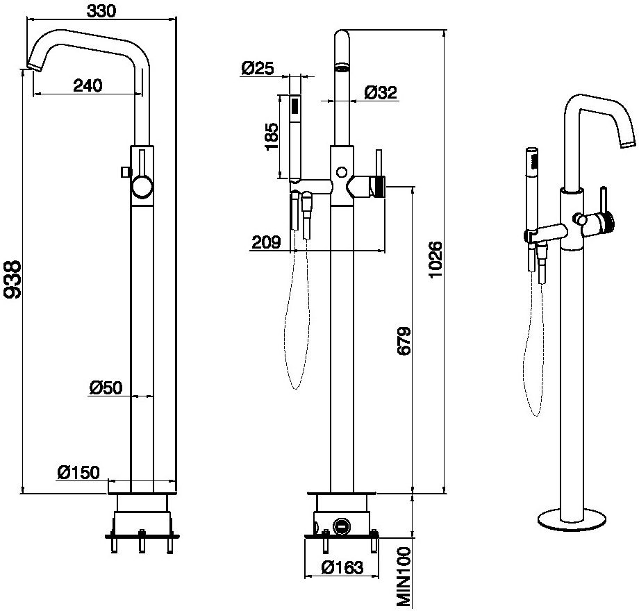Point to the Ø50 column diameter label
click(106, 387)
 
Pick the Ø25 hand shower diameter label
click(258, 68)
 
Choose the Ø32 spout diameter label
click(381, 92)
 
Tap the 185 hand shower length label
click(272, 137)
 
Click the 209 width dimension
click(266, 242)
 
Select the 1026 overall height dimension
click(435, 260)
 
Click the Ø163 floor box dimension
click(342, 568)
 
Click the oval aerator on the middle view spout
click(342, 68)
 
